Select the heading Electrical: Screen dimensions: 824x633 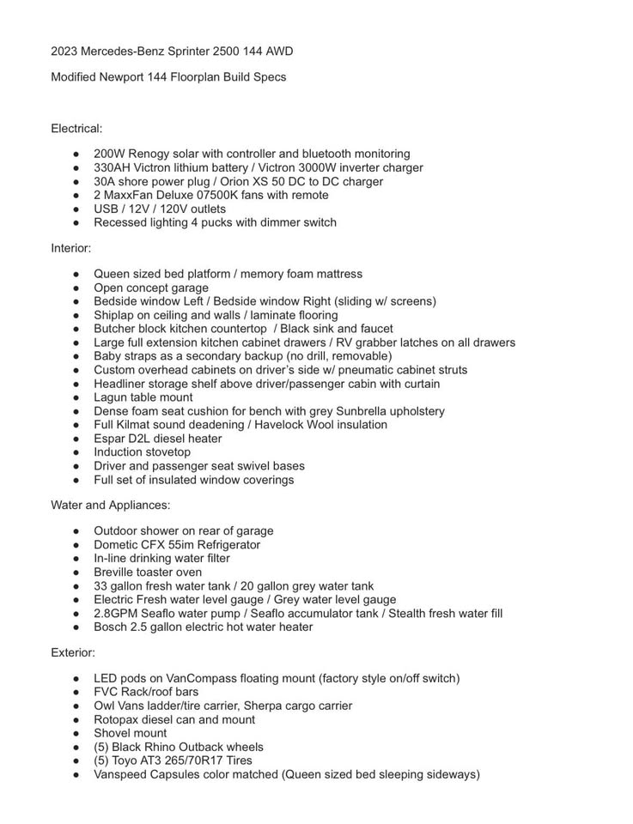point(76,129)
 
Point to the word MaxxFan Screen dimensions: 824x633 point(127,195)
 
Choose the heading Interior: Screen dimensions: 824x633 point(70,248)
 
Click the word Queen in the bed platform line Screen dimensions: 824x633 point(112,274)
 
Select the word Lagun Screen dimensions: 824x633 point(111,397)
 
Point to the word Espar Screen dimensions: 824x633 point(110,439)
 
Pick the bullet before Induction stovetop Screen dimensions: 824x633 point(76,452)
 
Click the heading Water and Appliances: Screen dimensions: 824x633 point(110,505)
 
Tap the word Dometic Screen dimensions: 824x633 point(117,544)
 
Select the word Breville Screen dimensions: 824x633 point(116,572)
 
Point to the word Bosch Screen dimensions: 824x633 point(112,627)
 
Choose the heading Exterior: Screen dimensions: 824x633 point(73,652)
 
